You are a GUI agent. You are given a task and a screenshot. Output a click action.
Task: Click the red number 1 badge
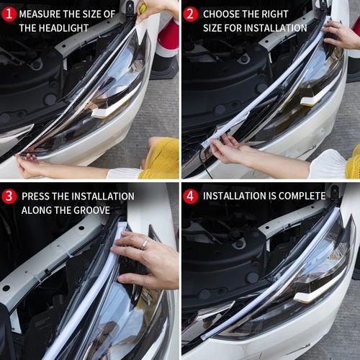[8, 14]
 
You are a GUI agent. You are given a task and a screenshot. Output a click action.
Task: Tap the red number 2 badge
[190, 14]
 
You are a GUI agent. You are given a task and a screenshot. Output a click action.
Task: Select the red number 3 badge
[8, 196]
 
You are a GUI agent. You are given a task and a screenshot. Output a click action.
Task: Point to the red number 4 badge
[190, 196]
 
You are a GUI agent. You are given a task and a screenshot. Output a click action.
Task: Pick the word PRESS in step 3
[35, 196]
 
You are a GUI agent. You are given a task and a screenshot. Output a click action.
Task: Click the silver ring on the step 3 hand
[145, 244]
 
